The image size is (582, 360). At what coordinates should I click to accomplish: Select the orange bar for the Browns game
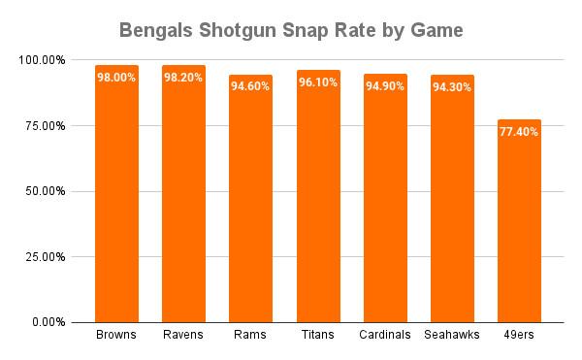(117, 194)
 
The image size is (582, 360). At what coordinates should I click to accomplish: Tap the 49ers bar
(519, 221)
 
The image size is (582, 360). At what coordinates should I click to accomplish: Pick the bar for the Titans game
(318, 196)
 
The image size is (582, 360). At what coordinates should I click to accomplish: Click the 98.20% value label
(183, 78)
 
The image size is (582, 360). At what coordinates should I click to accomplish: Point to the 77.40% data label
(519, 132)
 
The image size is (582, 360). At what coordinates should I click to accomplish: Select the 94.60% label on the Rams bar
(250, 86)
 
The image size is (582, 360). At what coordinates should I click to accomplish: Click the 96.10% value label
(318, 82)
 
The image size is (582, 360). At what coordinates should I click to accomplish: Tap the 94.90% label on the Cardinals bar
(385, 86)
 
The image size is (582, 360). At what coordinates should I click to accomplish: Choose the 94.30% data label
(452, 87)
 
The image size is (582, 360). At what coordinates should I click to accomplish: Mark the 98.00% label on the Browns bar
(116, 78)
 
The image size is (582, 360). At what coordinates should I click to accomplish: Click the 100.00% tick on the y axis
(42, 60)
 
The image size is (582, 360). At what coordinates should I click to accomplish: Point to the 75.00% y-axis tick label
(46, 126)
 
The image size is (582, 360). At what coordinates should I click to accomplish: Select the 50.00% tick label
(46, 191)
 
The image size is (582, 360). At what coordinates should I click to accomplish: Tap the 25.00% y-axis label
(46, 257)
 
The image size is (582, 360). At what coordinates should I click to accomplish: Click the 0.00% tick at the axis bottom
(48, 322)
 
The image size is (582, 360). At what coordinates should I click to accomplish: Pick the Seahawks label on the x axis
(452, 335)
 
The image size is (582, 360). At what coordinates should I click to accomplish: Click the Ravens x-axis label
(183, 335)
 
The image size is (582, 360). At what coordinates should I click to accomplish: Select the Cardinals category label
(385, 335)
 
